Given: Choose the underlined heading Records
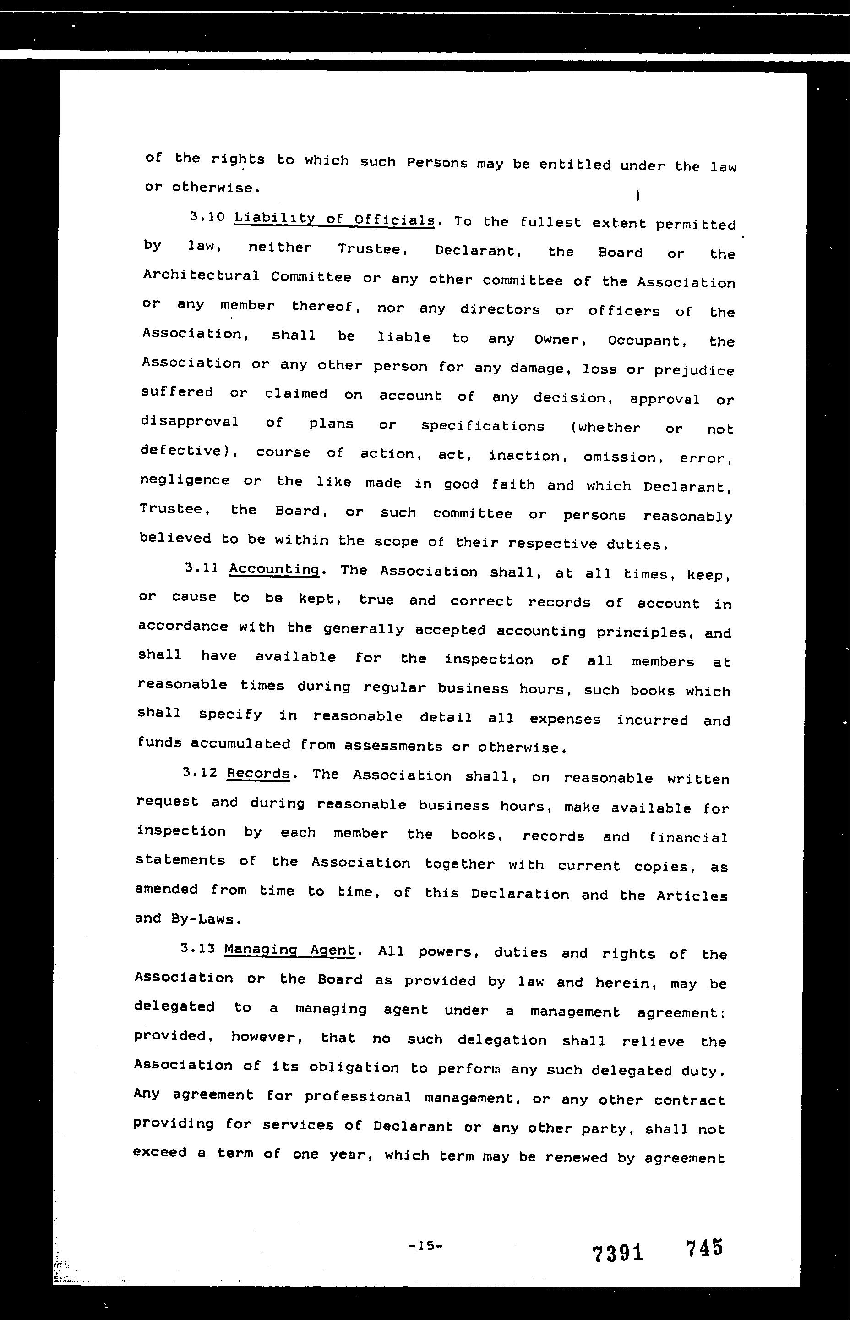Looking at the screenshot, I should click(x=258, y=773).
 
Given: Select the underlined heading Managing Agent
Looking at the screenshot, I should click(x=290, y=950).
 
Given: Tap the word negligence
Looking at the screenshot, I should click(x=185, y=480).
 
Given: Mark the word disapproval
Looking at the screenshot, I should click(x=189, y=422).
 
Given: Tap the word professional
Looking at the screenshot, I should click(x=358, y=1096).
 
